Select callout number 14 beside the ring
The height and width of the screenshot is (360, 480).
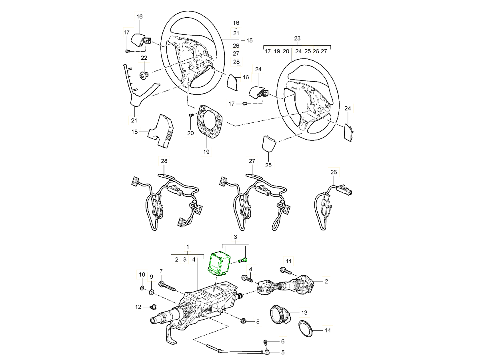point(328,331)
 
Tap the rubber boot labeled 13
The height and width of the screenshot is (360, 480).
point(280,314)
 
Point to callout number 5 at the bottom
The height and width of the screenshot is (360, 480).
point(282,352)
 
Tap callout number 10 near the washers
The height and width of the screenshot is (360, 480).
point(142,275)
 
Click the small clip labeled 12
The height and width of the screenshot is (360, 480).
point(152,307)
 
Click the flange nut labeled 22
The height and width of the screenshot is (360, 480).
point(144,74)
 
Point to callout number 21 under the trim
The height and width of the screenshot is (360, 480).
point(134,120)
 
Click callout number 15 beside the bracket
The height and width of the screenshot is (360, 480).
point(249,40)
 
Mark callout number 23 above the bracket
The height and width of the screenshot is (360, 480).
point(297,38)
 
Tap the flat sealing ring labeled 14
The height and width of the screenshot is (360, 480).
point(308,329)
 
